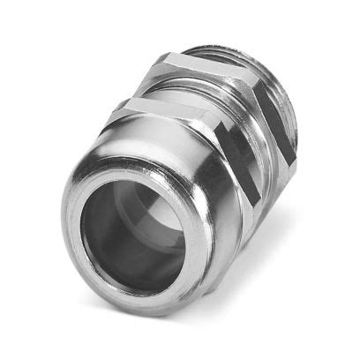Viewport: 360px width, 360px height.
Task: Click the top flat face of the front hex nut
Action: [159, 110]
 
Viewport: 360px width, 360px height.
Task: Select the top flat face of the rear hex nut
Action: [203, 62]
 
